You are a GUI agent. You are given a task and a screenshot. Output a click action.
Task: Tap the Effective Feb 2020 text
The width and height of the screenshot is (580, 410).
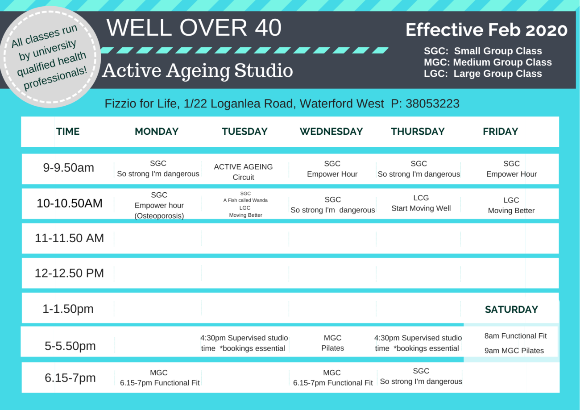[x=486, y=30]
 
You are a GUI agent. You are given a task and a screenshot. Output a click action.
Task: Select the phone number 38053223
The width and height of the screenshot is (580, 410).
[x=432, y=104]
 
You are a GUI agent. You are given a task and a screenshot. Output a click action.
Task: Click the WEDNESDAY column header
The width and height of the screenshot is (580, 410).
[x=331, y=132]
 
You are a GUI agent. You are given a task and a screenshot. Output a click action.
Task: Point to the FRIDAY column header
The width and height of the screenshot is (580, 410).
[x=500, y=132]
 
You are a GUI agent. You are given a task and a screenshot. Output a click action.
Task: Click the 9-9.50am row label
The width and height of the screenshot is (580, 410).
[x=68, y=168]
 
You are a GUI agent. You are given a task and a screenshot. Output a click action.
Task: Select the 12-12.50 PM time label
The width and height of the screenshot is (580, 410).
[x=69, y=273]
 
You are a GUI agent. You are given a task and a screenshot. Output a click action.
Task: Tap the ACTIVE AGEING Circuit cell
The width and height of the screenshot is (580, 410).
[x=243, y=172]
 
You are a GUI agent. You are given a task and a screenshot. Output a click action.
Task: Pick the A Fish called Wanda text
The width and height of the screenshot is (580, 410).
[x=245, y=200]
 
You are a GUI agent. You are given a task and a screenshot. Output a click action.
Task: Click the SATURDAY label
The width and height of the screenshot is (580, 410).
[x=511, y=310]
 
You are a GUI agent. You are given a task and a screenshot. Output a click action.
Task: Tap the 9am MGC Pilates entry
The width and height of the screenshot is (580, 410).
[x=514, y=351]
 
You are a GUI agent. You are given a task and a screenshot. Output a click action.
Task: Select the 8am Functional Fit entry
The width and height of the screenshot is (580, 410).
[x=515, y=335]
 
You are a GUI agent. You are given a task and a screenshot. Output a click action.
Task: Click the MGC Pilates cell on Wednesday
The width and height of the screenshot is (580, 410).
[x=332, y=343]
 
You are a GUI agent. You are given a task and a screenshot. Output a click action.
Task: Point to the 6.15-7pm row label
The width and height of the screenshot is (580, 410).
[x=70, y=377]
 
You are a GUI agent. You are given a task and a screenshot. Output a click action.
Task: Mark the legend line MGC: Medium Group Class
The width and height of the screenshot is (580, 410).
[x=488, y=62]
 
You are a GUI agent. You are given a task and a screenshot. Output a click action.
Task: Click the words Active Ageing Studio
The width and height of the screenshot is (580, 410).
[x=198, y=70]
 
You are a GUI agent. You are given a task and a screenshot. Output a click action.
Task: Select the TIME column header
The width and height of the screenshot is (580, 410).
[x=68, y=132]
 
